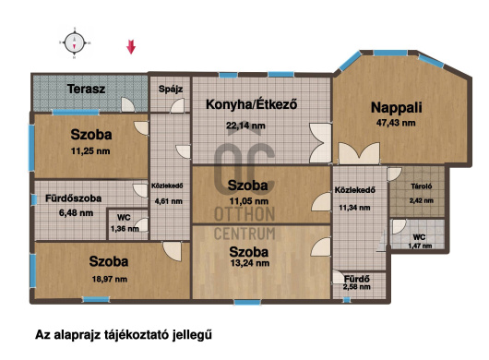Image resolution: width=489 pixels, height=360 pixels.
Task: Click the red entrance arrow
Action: pyautogui.click(x=131, y=47)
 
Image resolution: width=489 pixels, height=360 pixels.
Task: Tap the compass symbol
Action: pyautogui.click(x=74, y=42)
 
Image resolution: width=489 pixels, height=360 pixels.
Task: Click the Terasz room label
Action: pyautogui.click(x=86, y=89)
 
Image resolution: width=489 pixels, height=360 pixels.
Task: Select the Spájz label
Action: pyautogui.click(x=171, y=89)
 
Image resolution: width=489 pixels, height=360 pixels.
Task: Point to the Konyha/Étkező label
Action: pyautogui.click(x=251, y=104)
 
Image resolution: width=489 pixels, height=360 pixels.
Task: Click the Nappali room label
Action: pyautogui.click(x=397, y=108)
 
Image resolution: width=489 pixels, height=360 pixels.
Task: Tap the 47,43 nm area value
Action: pyautogui.click(x=396, y=123)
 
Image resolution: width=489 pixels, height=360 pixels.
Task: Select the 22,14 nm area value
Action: pyautogui.click(x=245, y=126)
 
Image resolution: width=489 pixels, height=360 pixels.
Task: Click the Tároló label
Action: pyautogui.click(x=422, y=186)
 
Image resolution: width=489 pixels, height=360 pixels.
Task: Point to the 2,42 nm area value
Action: pyautogui.click(x=422, y=200)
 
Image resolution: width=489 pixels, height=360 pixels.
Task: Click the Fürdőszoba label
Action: pyautogui.click(x=73, y=198)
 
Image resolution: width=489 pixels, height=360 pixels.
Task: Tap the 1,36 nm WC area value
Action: pyautogui.click(x=125, y=229)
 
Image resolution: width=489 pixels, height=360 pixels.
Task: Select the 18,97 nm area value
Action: pyautogui.click(x=110, y=279)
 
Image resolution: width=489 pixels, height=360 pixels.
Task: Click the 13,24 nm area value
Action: pyautogui.click(x=250, y=263)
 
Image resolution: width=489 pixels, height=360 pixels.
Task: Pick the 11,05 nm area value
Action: pyautogui.click(x=248, y=201)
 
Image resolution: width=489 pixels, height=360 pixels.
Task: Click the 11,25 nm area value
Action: pyautogui.click(x=90, y=151)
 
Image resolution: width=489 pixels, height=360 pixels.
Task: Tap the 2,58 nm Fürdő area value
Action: pyautogui.click(x=357, y=287)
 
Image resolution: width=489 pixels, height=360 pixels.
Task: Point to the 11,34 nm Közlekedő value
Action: pyautogui.click(x=354, y=208)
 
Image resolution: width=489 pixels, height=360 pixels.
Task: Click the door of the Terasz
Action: pyautogui.click(x=128, y=104)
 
